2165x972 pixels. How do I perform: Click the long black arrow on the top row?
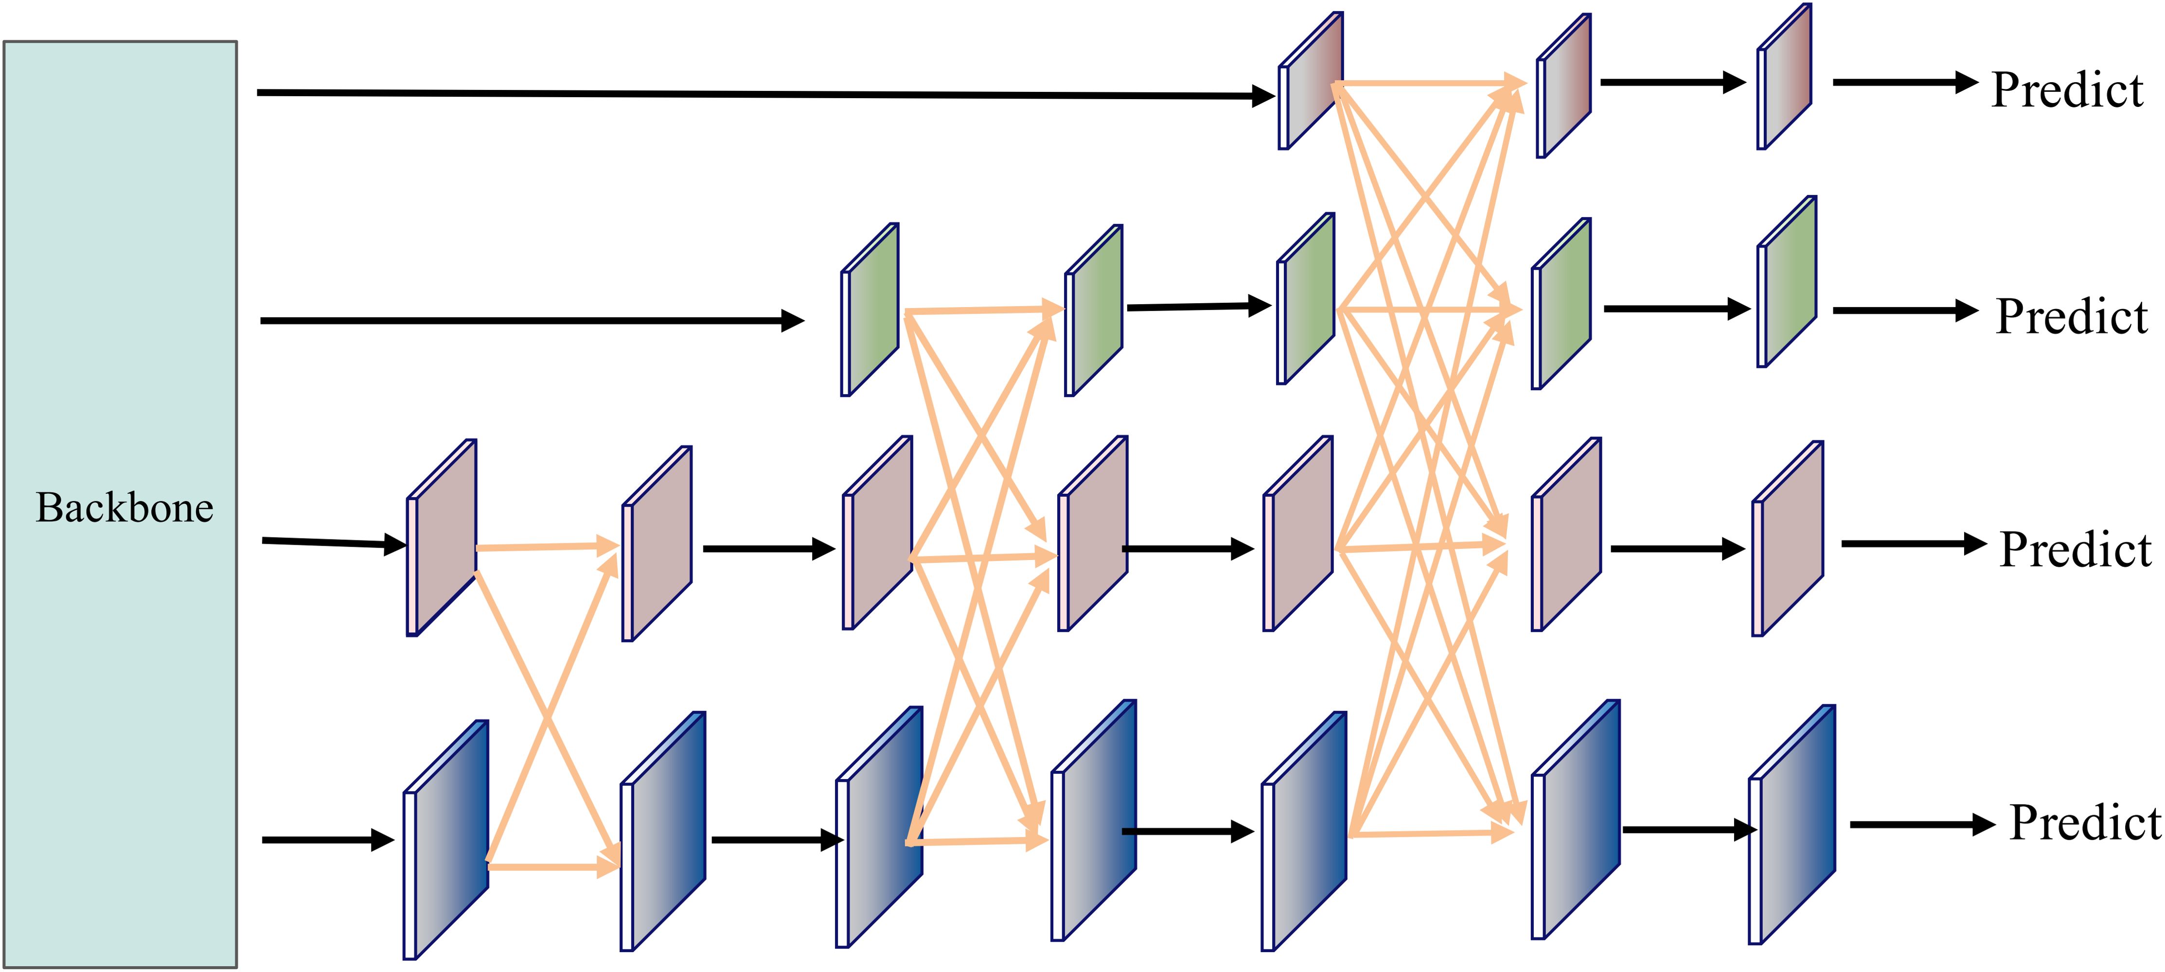pos(756,94)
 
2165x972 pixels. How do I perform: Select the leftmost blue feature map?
pos(445,840)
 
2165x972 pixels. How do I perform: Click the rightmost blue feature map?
pos(1792,825)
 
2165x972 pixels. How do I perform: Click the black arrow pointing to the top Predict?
pos(1904,82)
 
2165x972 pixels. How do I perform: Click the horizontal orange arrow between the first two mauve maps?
pos(546,547)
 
